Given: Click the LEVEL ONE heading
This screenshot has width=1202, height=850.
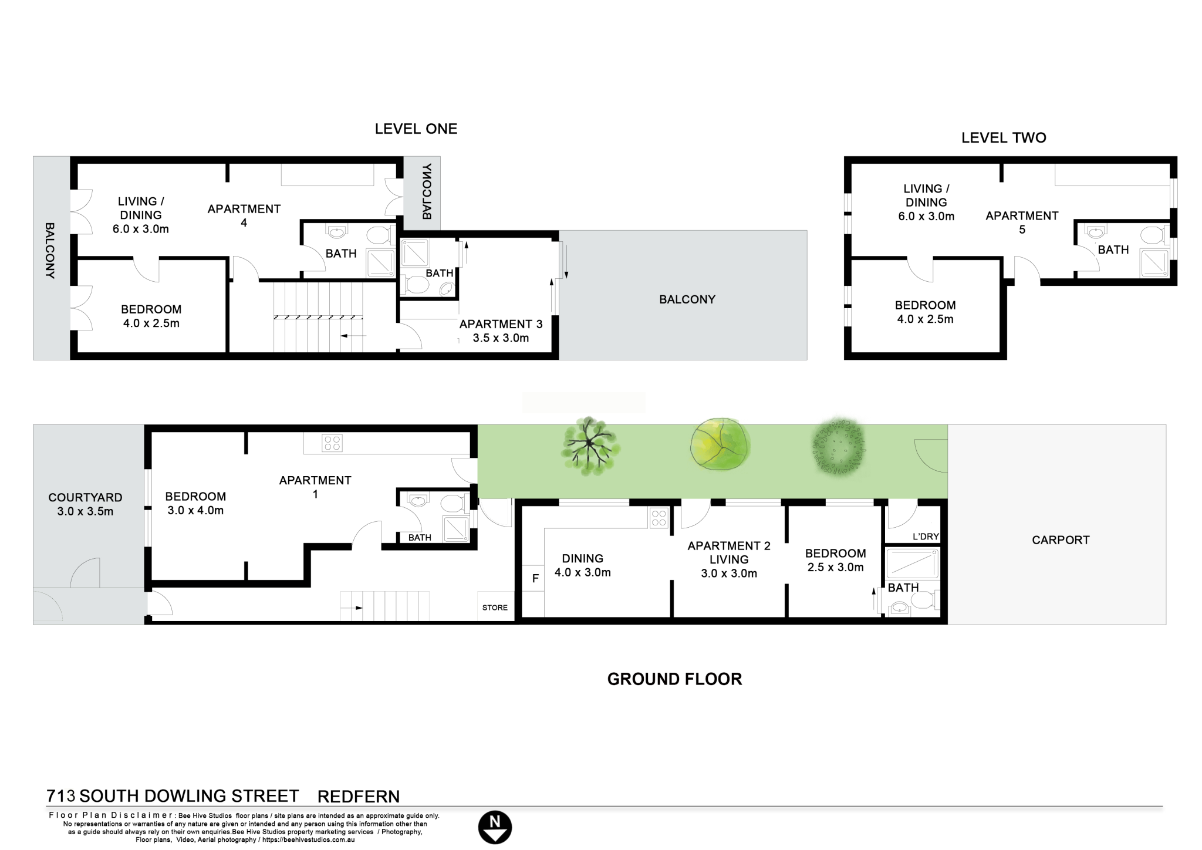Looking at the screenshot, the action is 416,129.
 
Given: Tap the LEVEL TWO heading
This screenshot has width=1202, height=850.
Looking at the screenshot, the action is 1004,138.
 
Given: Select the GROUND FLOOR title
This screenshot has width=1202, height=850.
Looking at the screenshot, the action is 674,679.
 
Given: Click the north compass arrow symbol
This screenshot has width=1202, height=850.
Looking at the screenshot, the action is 495,828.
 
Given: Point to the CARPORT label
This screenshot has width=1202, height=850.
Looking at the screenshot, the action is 1061,540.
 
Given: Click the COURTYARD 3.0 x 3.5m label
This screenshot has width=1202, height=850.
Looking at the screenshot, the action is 85,504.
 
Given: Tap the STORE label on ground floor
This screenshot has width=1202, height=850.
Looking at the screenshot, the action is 495,608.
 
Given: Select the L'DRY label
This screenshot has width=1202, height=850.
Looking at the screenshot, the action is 926,537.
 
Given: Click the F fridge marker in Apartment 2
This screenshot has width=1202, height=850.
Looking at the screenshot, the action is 535,579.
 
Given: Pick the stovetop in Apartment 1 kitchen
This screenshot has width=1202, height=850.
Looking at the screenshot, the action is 332,443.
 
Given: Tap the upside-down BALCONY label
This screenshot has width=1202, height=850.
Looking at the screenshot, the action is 427,192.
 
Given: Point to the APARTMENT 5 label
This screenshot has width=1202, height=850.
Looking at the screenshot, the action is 1022,222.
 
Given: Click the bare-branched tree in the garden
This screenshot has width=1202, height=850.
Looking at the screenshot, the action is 589,446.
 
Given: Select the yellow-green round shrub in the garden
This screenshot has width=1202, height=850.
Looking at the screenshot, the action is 720,444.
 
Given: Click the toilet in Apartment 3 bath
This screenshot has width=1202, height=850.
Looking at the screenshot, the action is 417,286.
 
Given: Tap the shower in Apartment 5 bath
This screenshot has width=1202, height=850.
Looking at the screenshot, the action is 1154,263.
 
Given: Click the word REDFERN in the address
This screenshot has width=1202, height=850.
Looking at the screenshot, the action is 359,797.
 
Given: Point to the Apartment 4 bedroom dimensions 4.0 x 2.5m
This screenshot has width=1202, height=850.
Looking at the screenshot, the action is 151,323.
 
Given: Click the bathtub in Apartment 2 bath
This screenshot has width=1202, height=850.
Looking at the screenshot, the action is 911,564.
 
